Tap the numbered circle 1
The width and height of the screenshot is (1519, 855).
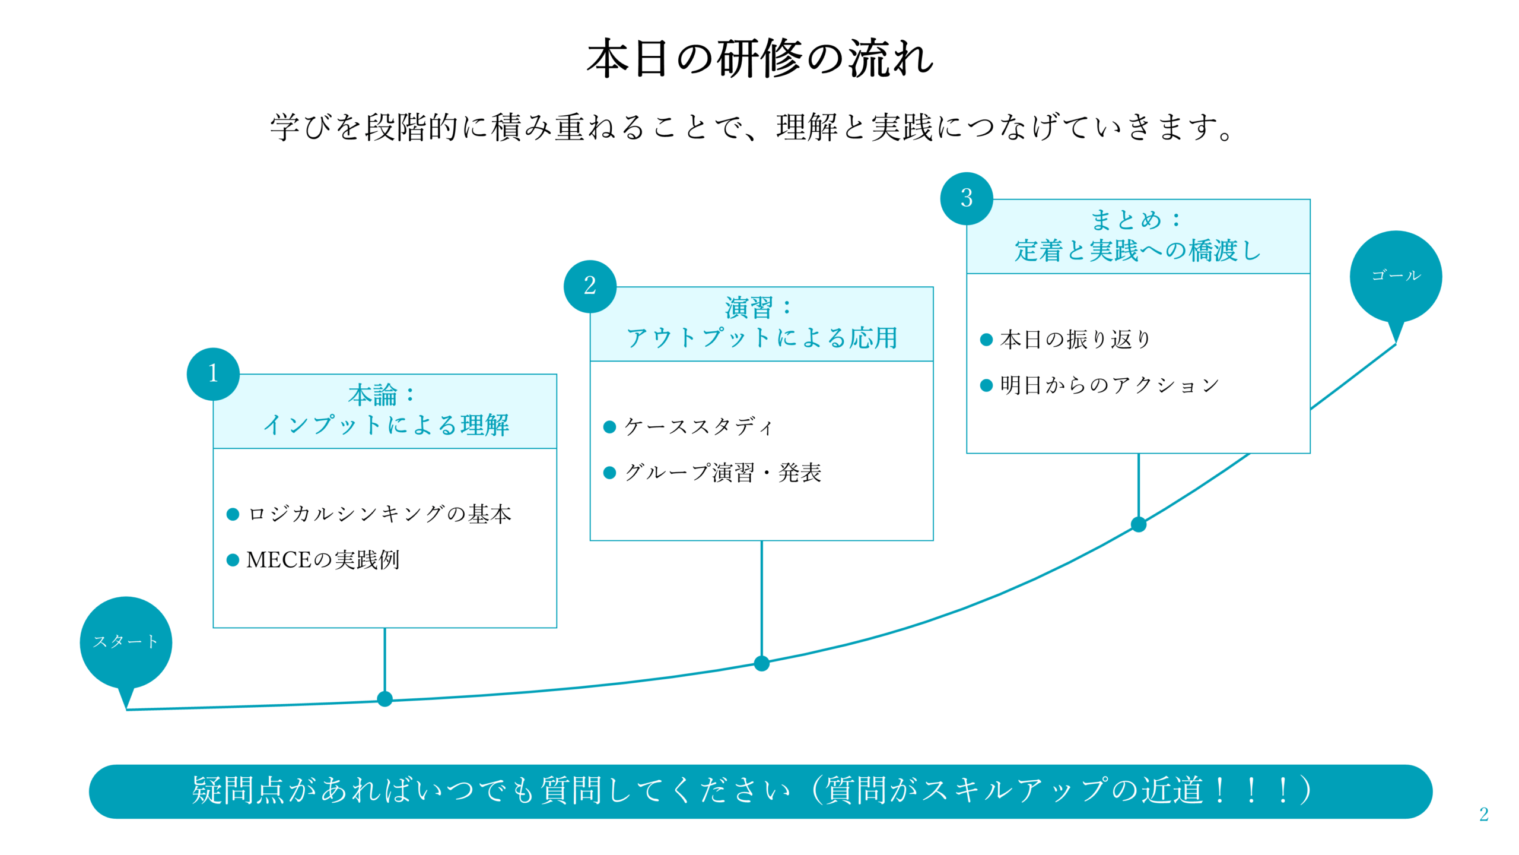213,374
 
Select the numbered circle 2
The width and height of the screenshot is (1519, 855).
590,286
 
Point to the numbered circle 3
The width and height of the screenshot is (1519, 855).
967,198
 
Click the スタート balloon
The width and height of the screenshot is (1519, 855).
126,642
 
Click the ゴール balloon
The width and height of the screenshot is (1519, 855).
1396,276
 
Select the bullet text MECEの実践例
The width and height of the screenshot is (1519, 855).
323,560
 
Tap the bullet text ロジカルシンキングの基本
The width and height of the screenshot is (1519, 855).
380,514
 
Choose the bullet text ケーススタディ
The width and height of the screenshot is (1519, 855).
699,426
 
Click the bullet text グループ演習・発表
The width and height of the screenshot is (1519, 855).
723,473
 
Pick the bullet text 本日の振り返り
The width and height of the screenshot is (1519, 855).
1075,340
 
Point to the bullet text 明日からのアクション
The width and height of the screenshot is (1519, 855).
1110,385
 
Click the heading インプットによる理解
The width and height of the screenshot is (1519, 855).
386,425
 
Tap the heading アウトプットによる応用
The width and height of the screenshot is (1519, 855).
762,338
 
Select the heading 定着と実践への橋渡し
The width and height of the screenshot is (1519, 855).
1138,250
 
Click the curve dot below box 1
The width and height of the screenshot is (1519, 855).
384,699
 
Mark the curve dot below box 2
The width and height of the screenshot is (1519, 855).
762,663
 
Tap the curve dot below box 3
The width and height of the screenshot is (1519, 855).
1139,524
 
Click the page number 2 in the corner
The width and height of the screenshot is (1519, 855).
1483,814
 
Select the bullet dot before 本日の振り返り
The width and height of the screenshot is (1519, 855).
986,340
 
